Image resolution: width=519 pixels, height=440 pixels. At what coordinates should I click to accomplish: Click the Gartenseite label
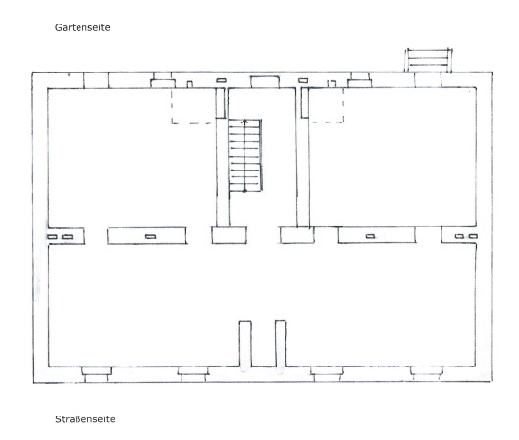(x=82, y=27)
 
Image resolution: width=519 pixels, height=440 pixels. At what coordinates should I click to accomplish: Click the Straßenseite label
(x=85, y=419)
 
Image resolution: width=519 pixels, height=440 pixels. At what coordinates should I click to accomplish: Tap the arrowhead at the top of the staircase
(x=244, y=121)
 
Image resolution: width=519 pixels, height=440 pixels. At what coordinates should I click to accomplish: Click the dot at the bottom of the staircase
(x=244, y=191)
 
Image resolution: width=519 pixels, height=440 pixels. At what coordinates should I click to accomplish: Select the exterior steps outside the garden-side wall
(x=429, y=60)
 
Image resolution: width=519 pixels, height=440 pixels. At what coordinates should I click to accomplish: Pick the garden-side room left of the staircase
(x=131, y=158)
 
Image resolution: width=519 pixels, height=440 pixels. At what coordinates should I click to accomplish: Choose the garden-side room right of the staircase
(x=392, y=158)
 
